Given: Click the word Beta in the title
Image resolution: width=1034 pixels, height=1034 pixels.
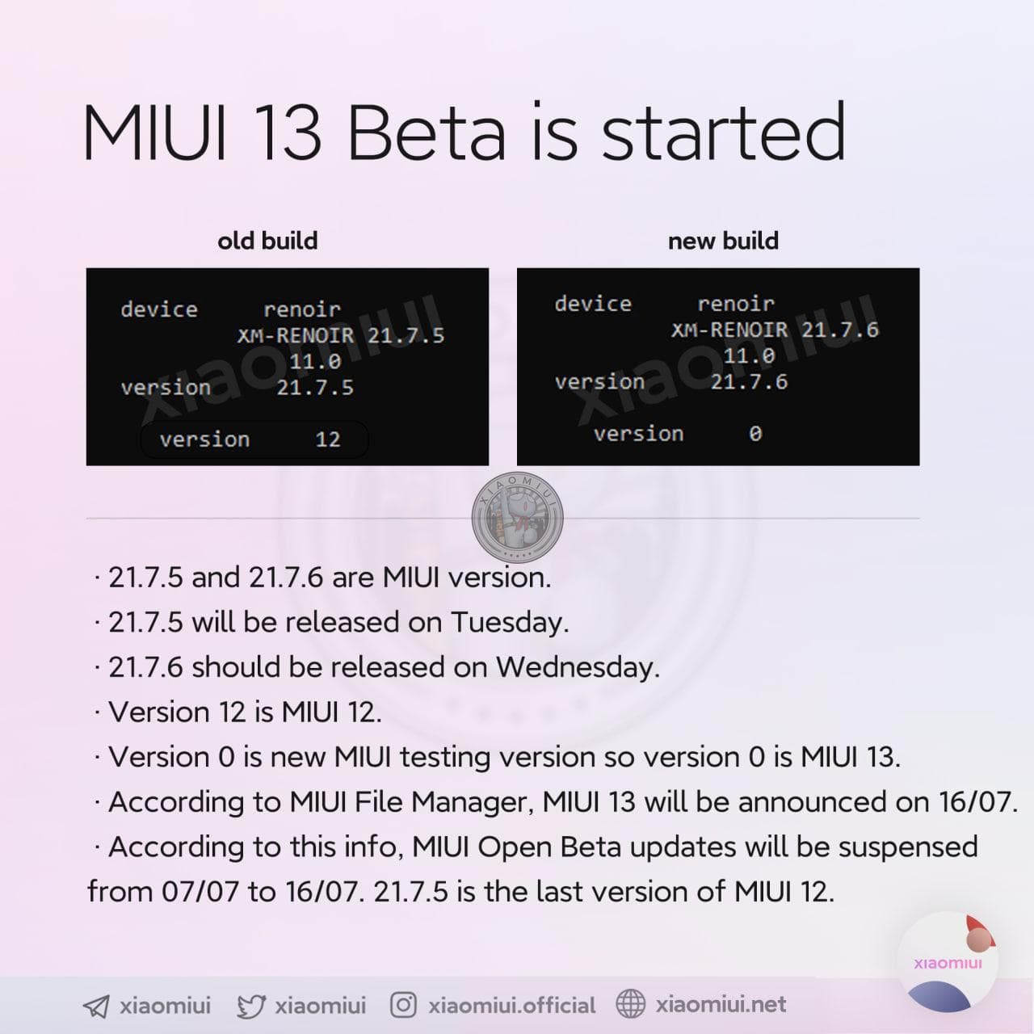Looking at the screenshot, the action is pyautogui.click(x=427, y=132).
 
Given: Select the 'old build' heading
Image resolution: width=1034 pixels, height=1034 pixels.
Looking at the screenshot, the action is pyautogui.click(x=267, y=241).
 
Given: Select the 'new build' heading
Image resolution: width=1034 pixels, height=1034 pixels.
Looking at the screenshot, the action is pyautogui.click(x=723, y=241).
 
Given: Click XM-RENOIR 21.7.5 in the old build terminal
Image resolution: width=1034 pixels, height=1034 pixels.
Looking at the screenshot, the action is pyautogui.click(x=341, y=336).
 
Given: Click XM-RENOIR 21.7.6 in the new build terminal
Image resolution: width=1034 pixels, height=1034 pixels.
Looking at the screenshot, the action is pyautogui.click(x=775, y=330).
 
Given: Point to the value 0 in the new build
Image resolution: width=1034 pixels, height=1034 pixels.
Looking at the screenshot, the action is pyautogui.click(x=755, y=434).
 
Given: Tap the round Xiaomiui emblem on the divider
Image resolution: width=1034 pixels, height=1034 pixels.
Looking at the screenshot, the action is pyautogui.click(x=517, y=517).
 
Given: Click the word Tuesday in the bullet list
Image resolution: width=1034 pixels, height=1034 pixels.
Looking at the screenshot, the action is pyautogui.click(x=510, y=623).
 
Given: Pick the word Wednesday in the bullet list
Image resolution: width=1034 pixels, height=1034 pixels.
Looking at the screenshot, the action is pyautogui.click(x=578, y=667).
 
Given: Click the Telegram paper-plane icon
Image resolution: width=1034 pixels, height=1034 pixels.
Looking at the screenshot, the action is pyautogui.click(x=96, y=1006).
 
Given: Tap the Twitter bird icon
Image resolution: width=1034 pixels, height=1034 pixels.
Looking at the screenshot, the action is pyautogui.click(x=251, y=1006).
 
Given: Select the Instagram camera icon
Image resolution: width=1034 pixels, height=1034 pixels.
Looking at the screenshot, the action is pyautogui.click(x=403, y=1004).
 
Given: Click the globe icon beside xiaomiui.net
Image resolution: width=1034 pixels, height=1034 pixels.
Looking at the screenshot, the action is pyautogui.click(x=630, y=1003).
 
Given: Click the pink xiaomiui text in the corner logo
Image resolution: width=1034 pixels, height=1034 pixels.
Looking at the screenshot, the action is pyautogui.click(x=948, y=963).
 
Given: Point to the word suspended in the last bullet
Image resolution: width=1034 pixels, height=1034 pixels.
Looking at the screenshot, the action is pyautogui.click(x=908, y=848).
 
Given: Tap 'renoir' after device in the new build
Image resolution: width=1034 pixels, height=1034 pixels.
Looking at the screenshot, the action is pyautogui.click(x=736, y=305).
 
